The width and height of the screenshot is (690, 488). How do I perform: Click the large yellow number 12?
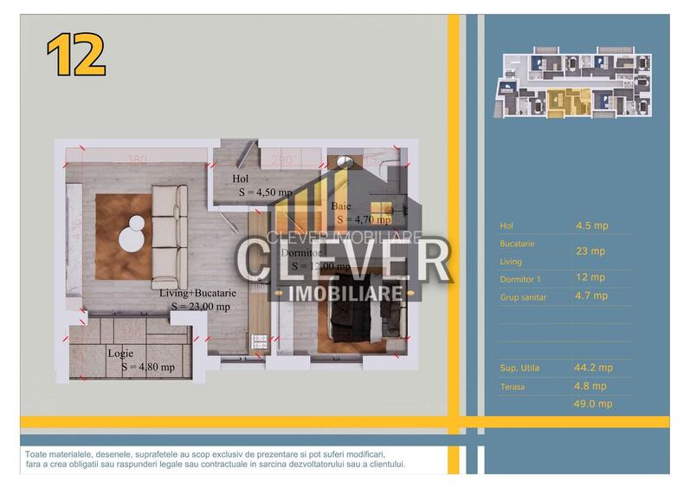[x=76, y=56]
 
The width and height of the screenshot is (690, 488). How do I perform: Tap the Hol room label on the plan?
[x=240, y=179]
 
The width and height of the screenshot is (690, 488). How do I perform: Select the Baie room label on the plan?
[x=341, y=206]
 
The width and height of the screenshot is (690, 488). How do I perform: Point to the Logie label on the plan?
[x=120, y=354]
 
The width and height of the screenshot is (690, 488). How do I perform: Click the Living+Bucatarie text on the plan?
[x=197, y=293]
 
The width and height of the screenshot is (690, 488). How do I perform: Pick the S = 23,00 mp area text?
[x=200, y=306]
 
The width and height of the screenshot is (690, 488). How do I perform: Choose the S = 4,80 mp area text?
[x=148, y=367]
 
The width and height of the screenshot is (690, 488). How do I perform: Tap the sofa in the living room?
[x=169, y=236]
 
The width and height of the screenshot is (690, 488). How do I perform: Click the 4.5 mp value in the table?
[x=591, y=225]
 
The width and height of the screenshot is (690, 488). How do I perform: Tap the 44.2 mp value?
[x=594, y=367]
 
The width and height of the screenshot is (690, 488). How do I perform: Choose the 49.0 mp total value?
[x=594, y=403]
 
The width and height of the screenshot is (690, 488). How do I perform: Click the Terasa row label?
[x=513, y=386]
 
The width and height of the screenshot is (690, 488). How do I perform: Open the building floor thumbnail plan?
[x=575, y=83]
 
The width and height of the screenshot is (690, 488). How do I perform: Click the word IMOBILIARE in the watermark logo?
[x=344, y=292]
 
